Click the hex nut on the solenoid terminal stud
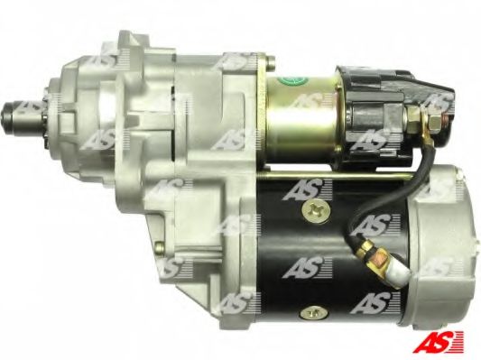click(x=435, y=122)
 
